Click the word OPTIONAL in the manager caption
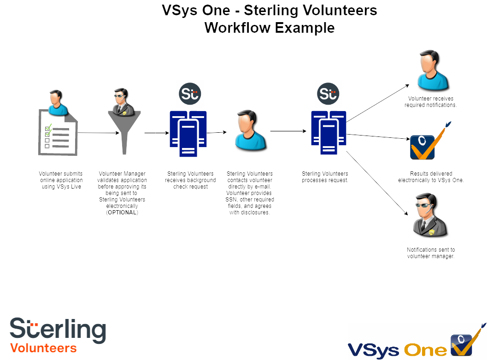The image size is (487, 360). (x=122, y=212)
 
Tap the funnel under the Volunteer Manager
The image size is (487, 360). (x=124, y=131)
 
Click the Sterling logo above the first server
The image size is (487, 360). (x=190, y=94)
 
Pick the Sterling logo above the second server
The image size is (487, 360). (x=328, y=94)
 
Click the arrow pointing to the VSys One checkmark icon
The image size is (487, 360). (x=378, y=136)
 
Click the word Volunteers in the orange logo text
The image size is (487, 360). (x=43, y=348)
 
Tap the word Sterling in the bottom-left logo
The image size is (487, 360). (x=58, y=329)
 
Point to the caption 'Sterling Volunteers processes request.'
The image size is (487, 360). (x=325, y=177)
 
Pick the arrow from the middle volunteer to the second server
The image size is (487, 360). (x=288, y=131)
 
